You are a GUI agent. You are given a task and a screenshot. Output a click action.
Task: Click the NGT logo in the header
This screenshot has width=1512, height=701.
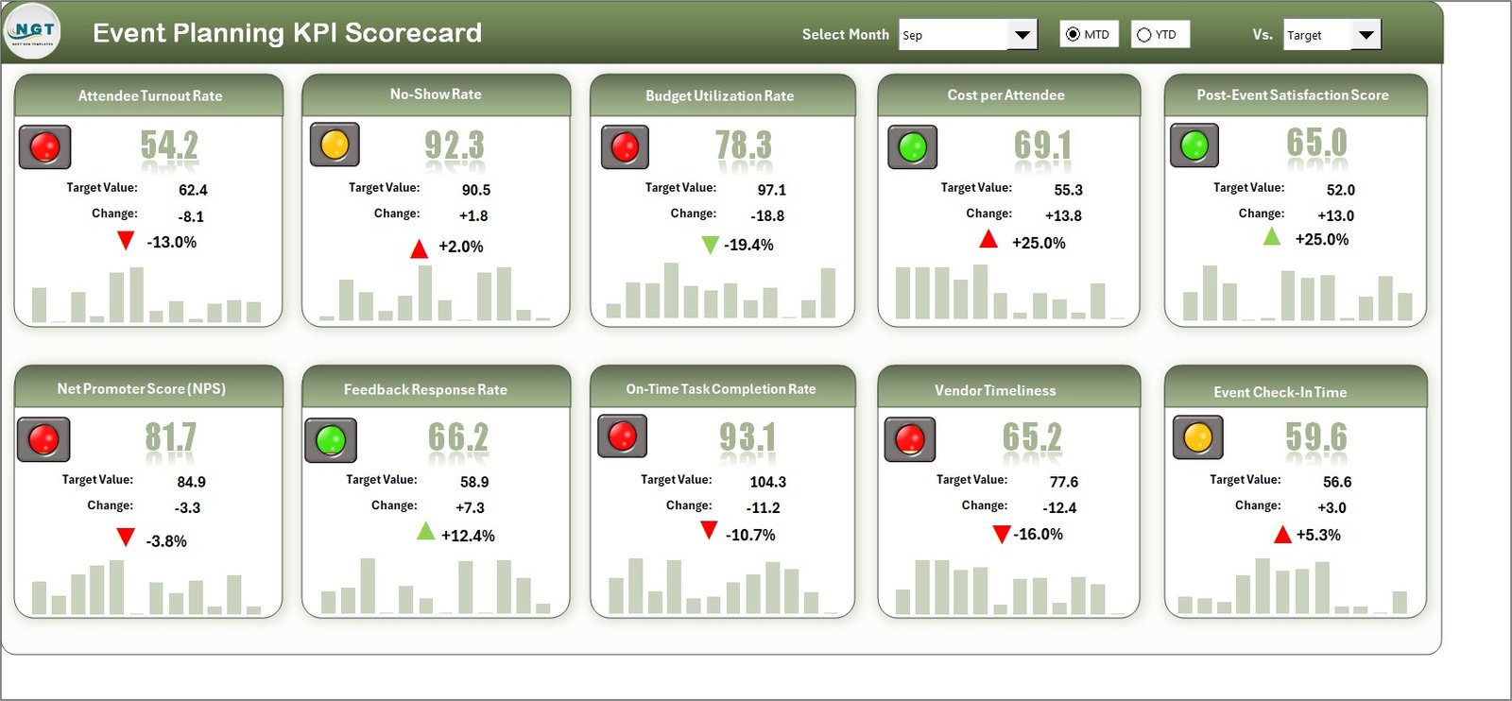click(x=32, y=32)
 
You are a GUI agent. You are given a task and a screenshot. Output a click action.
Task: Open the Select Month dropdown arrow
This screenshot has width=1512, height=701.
click(x=1022, y=35)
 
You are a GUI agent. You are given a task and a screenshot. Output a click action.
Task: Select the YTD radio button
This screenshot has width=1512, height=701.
click(x=1144, y=35)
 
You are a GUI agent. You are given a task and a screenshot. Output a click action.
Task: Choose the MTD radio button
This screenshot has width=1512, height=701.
click(x=1073, y=35)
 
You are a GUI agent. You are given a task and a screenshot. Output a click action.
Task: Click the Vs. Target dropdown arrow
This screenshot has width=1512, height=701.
click(x=1366, y=35)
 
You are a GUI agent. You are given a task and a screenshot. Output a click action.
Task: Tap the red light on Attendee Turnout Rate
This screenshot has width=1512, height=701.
click(x=44, y=146)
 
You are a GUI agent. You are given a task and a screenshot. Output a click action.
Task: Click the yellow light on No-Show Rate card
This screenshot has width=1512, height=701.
click(x=335, y=145)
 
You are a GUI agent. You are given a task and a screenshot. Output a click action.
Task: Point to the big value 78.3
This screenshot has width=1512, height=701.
click(x=743, y=145)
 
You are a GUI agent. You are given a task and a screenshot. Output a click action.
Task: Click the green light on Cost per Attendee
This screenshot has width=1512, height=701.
click(x=912, y=146)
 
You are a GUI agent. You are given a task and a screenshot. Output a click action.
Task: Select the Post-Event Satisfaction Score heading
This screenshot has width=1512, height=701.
click(x=1292, y=95)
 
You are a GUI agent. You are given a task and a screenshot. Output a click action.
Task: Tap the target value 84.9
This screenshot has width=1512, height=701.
click(x=191, y=482)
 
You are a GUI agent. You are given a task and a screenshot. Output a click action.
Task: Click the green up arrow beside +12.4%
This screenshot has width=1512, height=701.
click(x=426, y=532)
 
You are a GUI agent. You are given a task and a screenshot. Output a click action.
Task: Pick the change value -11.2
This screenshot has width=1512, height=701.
click(x=763, y=507)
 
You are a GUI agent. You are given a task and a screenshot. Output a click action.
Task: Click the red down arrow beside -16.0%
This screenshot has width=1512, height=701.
click(x=1002, y=535)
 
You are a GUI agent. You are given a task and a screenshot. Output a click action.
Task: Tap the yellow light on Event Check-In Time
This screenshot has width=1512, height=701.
click(x=1197, y=437)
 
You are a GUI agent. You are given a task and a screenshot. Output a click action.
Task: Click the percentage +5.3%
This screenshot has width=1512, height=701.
click(x=1318, y=535)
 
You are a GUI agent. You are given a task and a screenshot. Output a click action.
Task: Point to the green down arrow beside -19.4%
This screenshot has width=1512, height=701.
click(x=710, y=246)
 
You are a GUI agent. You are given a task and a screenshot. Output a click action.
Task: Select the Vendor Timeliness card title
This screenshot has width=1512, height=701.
click(x=994, y=390)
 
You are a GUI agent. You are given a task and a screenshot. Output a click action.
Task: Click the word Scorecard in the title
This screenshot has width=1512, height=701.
click(x=413, y=33)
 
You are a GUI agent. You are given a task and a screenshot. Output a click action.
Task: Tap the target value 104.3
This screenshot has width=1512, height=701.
click(x=767, y=482)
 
